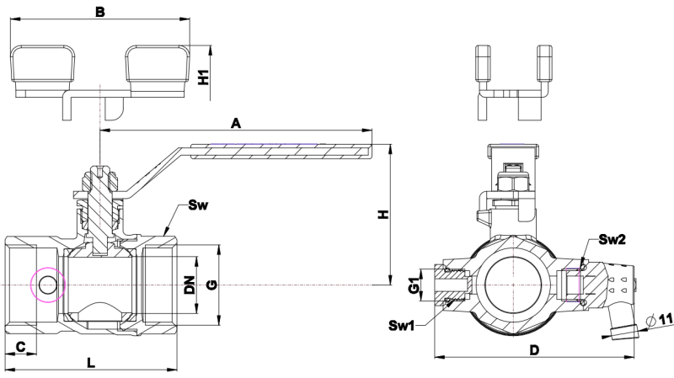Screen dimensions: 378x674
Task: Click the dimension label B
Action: coord(99,12)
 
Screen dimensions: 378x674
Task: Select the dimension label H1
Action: coord(203,77)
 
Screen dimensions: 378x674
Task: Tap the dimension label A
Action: coord(237,123)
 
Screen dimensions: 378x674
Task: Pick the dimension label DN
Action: coord(190,285)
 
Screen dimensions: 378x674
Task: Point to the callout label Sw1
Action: coord(402,325)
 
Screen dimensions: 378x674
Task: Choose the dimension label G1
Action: coord(414,285)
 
